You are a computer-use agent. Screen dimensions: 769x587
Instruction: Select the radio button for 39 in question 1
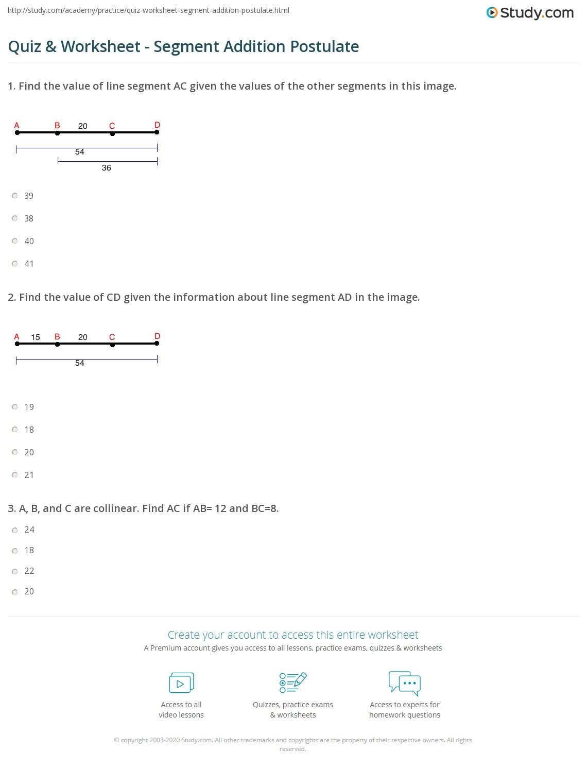(x=15, y=196)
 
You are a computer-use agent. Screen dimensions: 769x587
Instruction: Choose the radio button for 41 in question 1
(x=15, y=264)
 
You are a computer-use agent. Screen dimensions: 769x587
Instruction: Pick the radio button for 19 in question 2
(x=15, y=407)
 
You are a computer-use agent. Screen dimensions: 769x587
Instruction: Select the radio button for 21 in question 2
(x=15, y=475)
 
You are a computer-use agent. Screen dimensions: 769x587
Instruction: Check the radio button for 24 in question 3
(x=15, y=530)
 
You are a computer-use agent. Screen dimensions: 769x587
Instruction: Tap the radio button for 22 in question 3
(x=15, y=571)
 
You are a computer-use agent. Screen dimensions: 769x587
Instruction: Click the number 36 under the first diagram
(x=107, y=168)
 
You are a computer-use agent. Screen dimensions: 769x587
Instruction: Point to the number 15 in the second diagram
(x=36, y=337)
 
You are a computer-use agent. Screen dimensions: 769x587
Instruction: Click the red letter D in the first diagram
(x=158, y=125)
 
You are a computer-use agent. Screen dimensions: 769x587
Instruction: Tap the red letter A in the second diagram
(x=17, y=337)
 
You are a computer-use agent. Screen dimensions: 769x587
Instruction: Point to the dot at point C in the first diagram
(x=112, y=134)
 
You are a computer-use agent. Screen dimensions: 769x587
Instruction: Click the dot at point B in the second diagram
(x=57, y=344)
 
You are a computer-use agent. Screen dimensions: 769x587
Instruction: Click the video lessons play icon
(x=181, y=683)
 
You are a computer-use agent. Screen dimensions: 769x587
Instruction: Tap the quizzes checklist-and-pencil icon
(x=293, y=682)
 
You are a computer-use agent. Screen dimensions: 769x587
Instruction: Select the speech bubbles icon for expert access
(x=405, y=683)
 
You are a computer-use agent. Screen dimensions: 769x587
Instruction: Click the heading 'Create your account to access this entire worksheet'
(x=293, y=635)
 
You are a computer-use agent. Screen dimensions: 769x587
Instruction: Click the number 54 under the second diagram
(x=80, y=363)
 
